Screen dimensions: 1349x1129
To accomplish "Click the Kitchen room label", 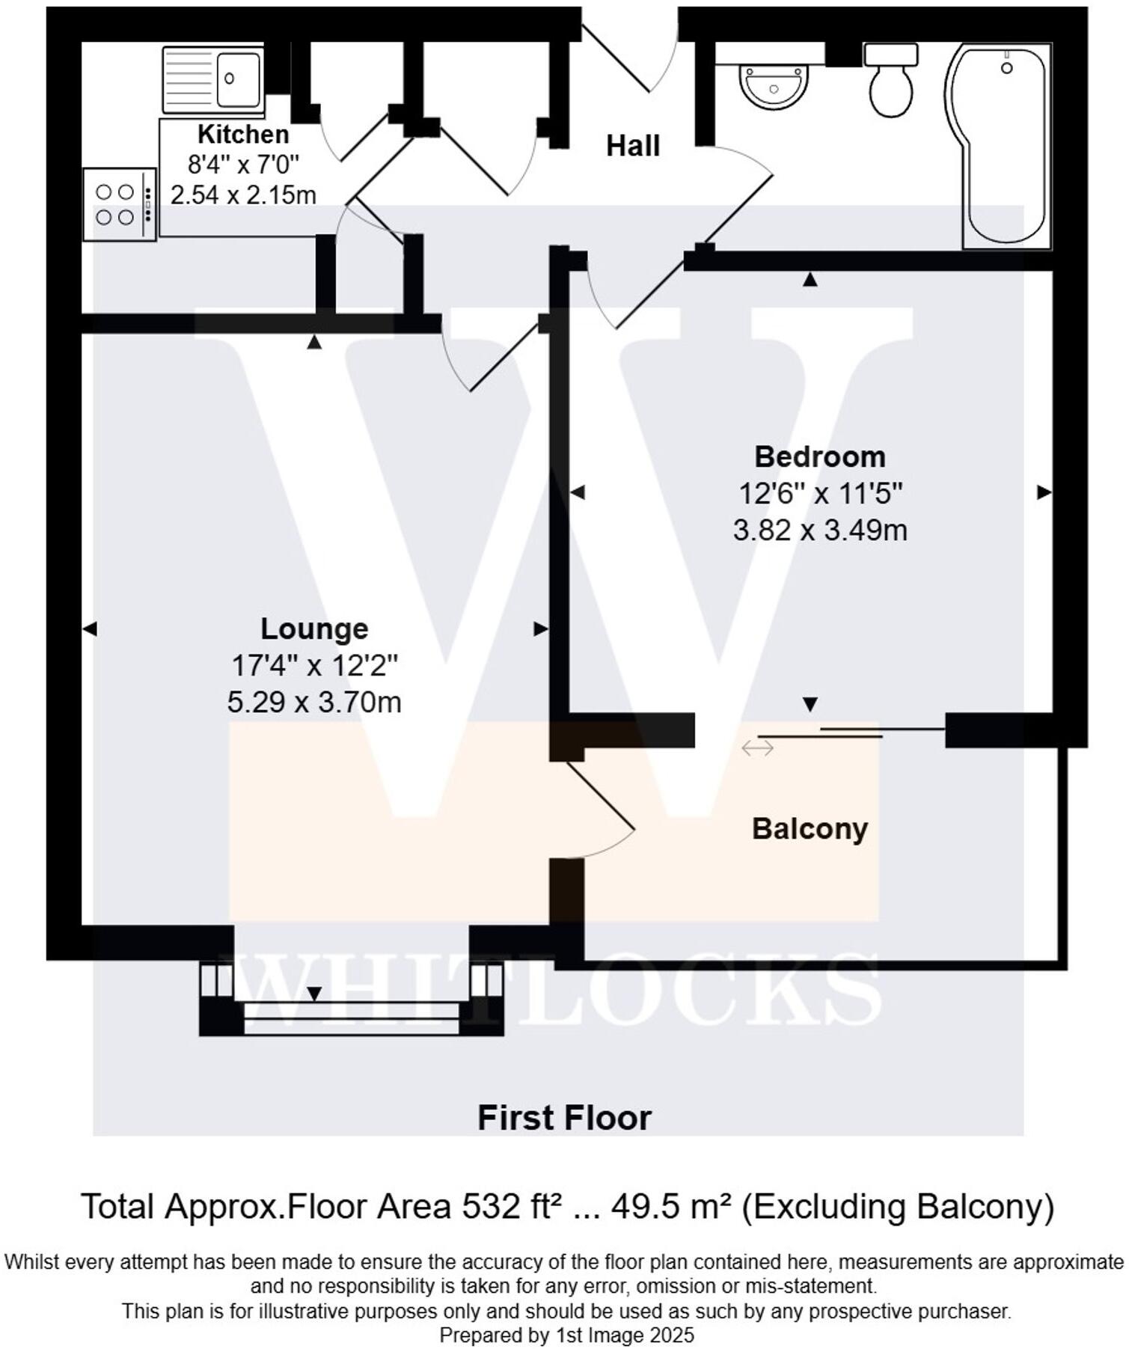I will pyautogui.click(x=243, y=135).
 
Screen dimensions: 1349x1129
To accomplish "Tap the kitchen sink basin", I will pyautogui.click(x=238, y=78).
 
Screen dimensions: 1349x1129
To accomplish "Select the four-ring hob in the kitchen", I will pyautogui.click(x=117, y=204).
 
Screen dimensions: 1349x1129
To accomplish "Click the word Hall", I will pyautogui.click(x=632, y=146).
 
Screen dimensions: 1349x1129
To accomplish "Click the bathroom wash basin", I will pyautogui.click(x=774, y=85).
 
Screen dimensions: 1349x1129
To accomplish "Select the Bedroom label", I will pyautogui.click(x=819, y=456).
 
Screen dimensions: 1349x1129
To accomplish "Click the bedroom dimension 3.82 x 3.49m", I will pyautogui.click(x=819, y=530).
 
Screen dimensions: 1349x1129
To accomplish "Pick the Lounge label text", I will pyautogui.click(x=314, y=628).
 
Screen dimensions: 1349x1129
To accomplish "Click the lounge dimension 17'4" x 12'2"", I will pyautogui.click(x=314, y=665).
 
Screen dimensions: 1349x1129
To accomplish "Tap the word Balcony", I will pyautogui.click(x=810, y=829).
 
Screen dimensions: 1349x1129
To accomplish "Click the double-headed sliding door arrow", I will pyautogui.click(x=757, y=747).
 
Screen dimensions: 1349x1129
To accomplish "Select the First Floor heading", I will pyautogui.click(x=564, y=1118).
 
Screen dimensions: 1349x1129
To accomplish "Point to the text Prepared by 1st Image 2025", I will pyautogui.click(x=566, y=1335).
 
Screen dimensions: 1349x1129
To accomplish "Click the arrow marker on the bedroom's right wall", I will pyautogui.click(x=1044, y=492).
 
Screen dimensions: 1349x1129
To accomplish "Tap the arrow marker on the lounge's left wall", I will pyautogui.click(x=90, y=629).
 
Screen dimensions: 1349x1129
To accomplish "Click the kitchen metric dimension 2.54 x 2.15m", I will pyautogui.click(x=243, y=195).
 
